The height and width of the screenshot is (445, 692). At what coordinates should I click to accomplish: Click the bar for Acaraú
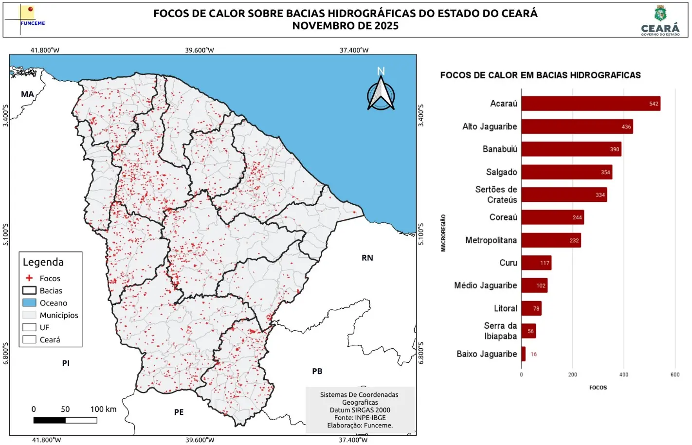(x=590, y=104)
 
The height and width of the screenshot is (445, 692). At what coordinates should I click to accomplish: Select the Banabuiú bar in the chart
(x=571, y=149)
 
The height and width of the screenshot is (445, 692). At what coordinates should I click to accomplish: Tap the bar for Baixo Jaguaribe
(x=524, y=354)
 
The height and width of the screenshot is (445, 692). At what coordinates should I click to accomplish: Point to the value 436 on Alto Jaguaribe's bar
(x=626, y=127)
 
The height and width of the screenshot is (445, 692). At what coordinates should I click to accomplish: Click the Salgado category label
(x=501, y=172)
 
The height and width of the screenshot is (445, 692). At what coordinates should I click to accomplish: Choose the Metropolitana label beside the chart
(x=491, y=240)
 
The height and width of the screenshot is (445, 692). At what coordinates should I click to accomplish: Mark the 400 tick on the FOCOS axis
(x=623, y=375)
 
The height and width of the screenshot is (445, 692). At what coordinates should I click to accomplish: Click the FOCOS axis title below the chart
(x=598, y=388)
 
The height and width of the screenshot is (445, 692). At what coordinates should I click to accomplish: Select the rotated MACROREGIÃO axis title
(x=443, y=233)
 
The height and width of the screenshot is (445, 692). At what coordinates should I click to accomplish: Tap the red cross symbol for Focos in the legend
(x=29, y=278)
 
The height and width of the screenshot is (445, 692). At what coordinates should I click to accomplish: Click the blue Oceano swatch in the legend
(x=29, y=303)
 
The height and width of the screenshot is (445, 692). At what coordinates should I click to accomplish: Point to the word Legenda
(x=43, y=262)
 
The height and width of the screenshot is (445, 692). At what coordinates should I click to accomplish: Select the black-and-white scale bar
(x=65, y=420)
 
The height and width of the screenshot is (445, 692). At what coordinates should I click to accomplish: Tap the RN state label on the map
(x=367, y=258)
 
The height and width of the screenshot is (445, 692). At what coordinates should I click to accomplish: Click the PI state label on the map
(x=66, y=363)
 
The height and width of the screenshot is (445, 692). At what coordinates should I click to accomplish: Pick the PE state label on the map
(x=179, y=412)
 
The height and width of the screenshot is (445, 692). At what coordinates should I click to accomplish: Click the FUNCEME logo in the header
(x=27, y=18)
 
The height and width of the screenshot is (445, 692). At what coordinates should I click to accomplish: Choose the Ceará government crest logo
(x=660, y=20)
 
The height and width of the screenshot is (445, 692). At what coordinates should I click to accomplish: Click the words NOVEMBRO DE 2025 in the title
(x=345, y=26)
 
